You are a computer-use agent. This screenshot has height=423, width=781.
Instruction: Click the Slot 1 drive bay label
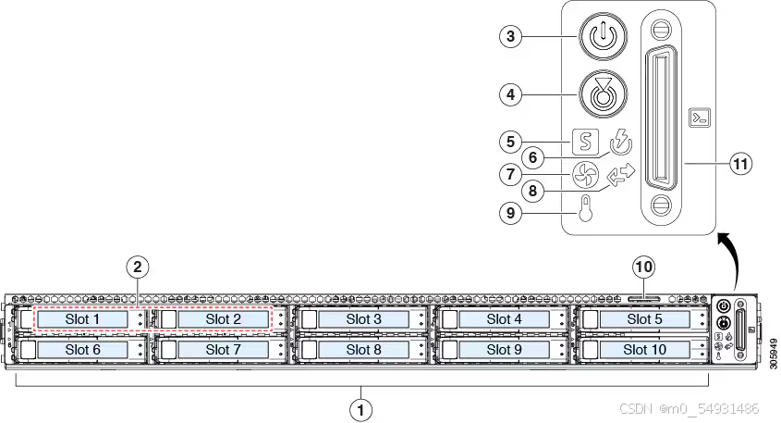[82, 319]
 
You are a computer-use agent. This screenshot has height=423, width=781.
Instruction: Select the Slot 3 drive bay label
[363, 319]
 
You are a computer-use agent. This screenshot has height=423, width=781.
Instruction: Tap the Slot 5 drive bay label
[643, 319]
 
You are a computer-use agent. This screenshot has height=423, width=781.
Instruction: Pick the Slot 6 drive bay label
[82, 350]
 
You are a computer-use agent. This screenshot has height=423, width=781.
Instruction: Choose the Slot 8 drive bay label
[363, 350]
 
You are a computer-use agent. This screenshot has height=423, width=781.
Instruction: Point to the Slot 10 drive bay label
[643, 350]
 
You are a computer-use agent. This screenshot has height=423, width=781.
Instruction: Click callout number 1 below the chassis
[361, 407]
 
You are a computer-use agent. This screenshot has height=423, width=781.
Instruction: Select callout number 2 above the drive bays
[137, 267]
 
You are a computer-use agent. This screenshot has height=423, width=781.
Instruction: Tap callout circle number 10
[644, 267]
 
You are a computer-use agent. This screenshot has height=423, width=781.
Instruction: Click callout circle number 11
[739, 164]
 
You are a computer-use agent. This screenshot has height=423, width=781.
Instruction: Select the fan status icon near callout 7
[584, 175]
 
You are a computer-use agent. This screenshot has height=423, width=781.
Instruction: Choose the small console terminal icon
[700, 118]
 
